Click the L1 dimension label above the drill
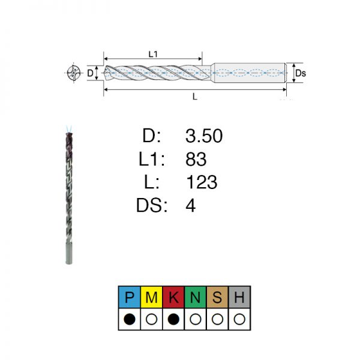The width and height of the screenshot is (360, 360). [153, 54]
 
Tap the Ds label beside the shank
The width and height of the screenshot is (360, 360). [301, 73]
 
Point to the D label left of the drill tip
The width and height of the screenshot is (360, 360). [90, 73]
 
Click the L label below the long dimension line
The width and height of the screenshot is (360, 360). [194, 97]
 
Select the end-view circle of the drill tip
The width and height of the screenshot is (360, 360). [74, 73]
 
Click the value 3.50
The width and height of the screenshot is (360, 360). [204, 136]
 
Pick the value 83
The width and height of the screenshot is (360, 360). [196, 159]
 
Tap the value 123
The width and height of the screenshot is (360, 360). [202, 182]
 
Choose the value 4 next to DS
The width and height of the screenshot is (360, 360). [191, 205]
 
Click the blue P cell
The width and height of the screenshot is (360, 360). [130, 297]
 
